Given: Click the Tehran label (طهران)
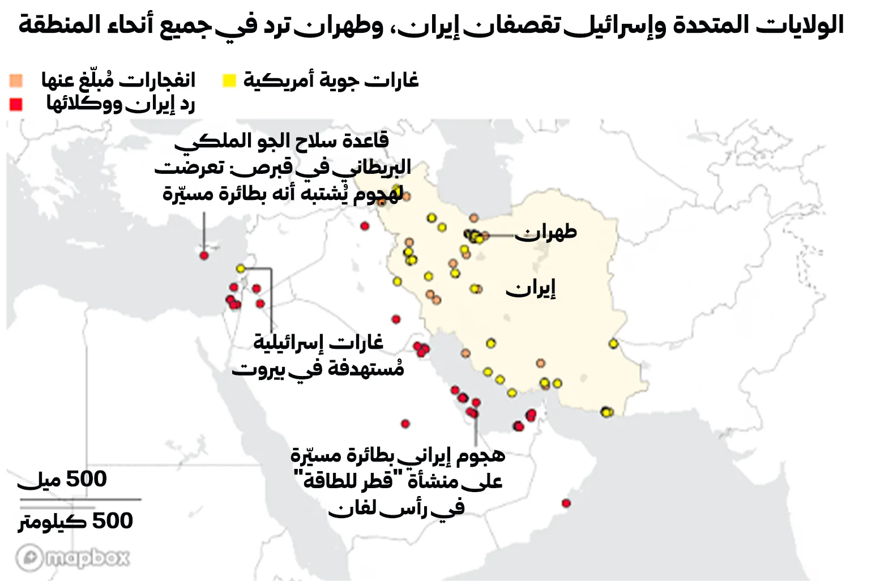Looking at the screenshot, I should click(x=545, y=232).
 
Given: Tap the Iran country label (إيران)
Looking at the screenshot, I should click(x=531, y=289).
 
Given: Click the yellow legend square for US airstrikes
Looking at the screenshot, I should click(x=229, y=81).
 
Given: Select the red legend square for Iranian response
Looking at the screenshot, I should click(x=16, y=104).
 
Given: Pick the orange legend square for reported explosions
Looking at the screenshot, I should click(x=16, y=80).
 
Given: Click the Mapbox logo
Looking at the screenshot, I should click(x=73, y=558).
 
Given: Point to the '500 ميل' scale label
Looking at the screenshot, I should click(x=62, y=480).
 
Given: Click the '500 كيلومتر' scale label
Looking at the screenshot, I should click(x=76, y=521).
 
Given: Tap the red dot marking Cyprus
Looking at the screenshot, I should click(x=204, y=255).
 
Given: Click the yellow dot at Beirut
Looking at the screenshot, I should click(x=241, y=268).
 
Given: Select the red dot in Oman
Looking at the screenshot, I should click(x=566, y=503).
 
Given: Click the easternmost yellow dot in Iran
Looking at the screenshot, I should click(x=613, y=344).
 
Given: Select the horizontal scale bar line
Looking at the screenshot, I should click(x=80, y=499).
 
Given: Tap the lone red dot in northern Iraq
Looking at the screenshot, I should click(x=365, y=226).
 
